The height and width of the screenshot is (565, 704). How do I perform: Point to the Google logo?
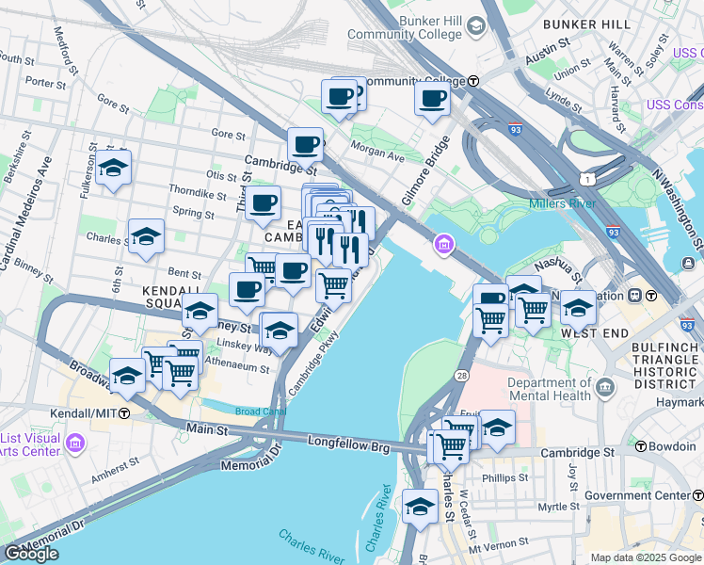point(31,554)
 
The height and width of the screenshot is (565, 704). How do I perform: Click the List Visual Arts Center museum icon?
point(76,441)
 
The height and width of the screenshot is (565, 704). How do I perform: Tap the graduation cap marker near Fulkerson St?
point(113,168)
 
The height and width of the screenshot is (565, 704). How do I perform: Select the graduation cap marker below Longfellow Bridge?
point(420,507)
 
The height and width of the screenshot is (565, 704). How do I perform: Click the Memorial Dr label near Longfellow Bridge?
point(251,463)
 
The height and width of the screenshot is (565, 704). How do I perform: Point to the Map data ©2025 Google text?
point(645,557)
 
